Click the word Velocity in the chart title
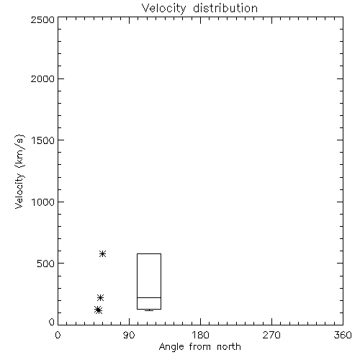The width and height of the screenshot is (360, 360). [164, 9]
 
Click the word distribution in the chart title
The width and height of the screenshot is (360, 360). [225, 8]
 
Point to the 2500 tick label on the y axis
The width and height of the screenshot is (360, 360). [42, 19]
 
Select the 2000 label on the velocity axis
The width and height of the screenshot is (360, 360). [42, 78]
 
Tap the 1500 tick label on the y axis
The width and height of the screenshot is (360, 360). [43, 140]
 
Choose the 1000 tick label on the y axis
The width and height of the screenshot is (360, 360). [43, 202]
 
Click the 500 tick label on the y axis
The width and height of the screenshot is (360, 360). [46, 264]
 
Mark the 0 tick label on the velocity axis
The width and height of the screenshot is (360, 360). [52, 322]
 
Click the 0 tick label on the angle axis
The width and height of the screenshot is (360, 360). [58, 335]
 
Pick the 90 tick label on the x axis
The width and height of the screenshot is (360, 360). [129, 335]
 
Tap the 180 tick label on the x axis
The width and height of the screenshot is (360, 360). [200, 335]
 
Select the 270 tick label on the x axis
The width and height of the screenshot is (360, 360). [271, 335]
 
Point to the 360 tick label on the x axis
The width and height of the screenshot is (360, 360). [343, 335]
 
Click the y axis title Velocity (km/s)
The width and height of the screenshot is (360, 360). [19, 171]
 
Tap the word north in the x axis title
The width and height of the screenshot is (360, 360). [229, 346]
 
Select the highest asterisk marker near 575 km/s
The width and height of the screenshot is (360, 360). [103, 253]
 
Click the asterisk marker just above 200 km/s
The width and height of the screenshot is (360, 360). [100, 298]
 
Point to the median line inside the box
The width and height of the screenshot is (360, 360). [149, 297]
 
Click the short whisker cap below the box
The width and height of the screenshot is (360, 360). [149, 310]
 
